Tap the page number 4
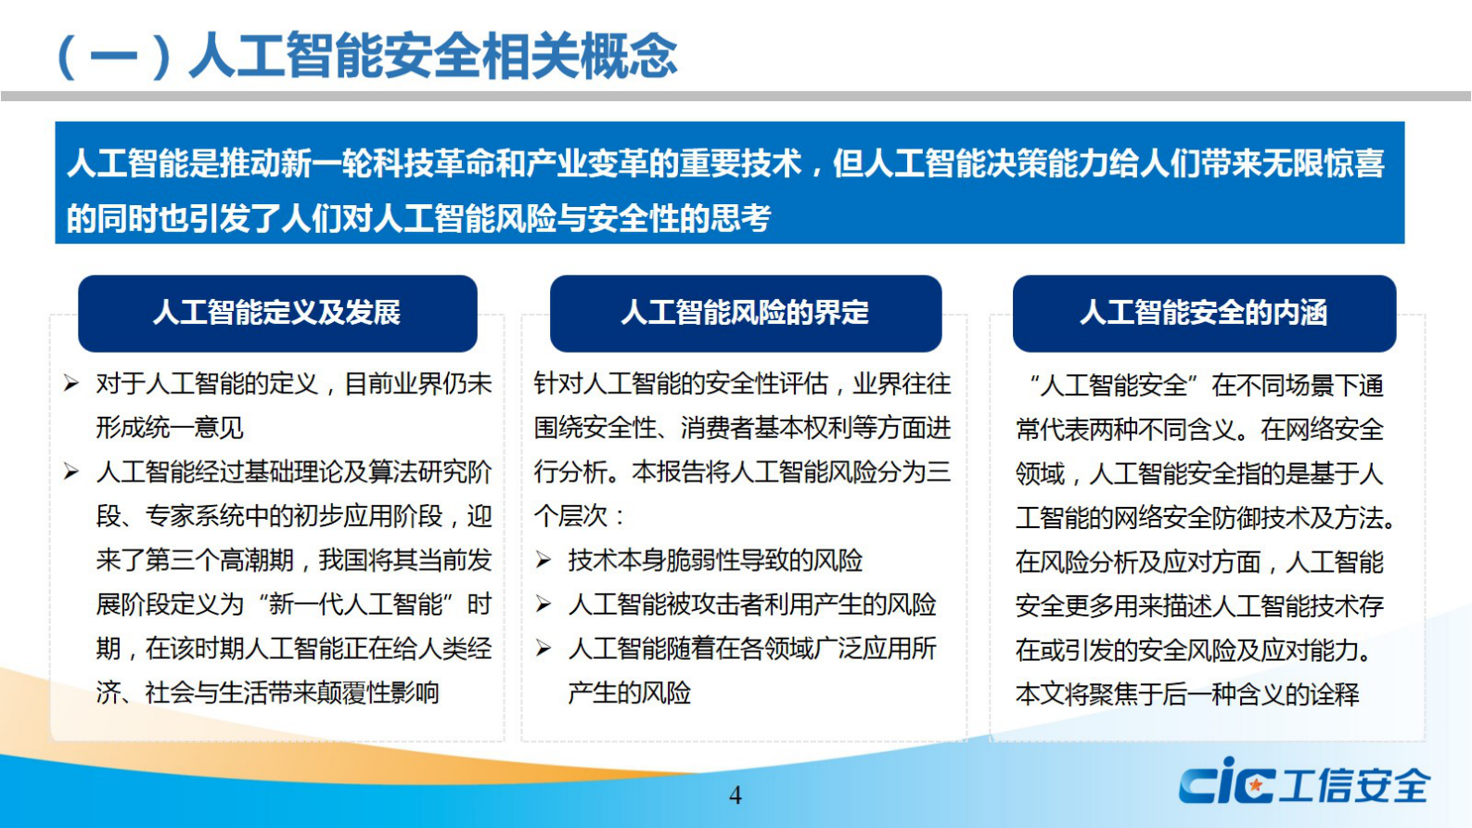[x=736, y=796]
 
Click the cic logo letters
[x=1226, y=782]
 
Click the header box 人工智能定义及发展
[x=277, y=313]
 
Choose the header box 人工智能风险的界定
[x=745, y=313]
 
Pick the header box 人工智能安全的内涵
[x=1203, y=313]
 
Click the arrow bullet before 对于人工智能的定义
[x=71, y=383]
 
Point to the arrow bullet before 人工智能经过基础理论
[x=71, y=472]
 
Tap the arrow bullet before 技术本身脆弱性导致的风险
[x=544, y=560]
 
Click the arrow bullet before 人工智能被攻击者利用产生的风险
[x=544, y=604]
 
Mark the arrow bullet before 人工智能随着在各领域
[x=544, y=648]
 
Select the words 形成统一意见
[x=170, y=428]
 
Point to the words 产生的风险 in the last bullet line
[x=630, y=692]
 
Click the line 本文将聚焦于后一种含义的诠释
[x=1187, y=694]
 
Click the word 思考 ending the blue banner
[x=741, y=219]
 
